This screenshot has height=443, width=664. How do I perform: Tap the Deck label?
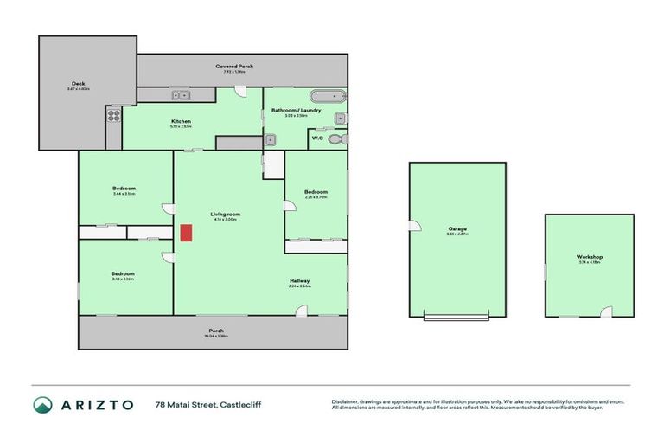point(78,84)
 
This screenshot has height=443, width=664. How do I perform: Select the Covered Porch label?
point(234,67)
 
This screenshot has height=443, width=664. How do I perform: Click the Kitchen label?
point(181,121)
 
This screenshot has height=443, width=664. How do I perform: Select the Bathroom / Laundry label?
point(296,110)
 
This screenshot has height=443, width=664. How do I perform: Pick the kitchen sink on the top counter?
point(182,95)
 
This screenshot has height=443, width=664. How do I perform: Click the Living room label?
point(225,214)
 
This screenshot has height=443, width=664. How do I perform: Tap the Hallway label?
point(300,280)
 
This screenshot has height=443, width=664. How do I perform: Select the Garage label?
point(456,228)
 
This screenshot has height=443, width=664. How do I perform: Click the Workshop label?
point(589,257)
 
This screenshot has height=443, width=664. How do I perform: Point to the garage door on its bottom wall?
point(456,318)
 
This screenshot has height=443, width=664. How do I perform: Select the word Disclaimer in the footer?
point(346,401)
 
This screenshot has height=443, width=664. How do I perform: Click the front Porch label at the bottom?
point(216,331)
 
